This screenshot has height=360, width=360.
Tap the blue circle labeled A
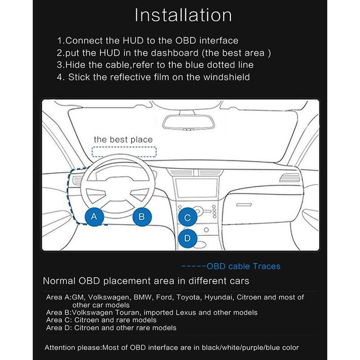point(94,217)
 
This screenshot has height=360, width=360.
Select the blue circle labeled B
point(142,217)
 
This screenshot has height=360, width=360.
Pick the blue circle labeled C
point(188,218)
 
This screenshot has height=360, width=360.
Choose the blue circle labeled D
point(188,238)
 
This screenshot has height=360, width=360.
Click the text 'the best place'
point(123,139)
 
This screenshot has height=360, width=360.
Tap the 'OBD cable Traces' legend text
point(243,266)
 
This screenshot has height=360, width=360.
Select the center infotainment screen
point(192,187)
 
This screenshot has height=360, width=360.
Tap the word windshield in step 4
point(227,77)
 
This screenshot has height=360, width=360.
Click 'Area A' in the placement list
point(56,297)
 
